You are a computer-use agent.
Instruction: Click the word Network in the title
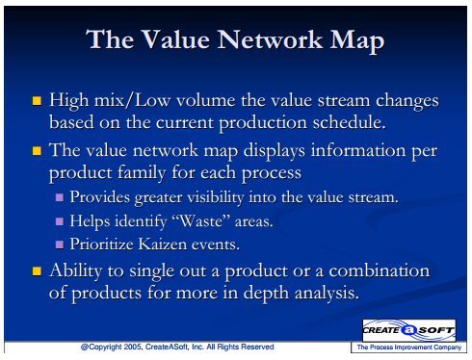[270, 39]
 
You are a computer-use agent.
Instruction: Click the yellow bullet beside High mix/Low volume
[37, 101]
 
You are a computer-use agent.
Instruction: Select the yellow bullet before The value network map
[37, 150]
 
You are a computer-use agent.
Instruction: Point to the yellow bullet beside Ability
[37, 271]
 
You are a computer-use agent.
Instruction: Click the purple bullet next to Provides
[60, 197]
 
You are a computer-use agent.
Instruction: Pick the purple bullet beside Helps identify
[60, 221]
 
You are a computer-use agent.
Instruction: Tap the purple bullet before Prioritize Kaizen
[60, 244]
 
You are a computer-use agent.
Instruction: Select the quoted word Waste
[201, 220]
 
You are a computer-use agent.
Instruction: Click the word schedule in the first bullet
[349, 122]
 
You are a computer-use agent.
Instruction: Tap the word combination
[380, 270]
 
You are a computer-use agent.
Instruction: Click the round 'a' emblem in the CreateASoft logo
[409, 330]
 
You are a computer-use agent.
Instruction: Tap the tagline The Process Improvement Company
[409, 347]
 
